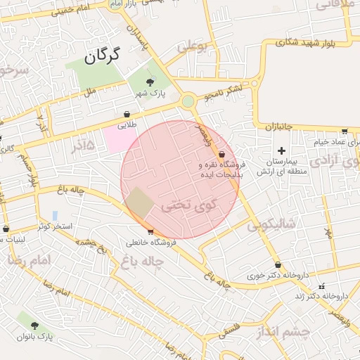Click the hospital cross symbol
(x=282, y=150)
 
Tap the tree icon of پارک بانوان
(x=34, y=326)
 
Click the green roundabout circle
(x=188, y=101)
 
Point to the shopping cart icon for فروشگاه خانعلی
(x=150, y=232)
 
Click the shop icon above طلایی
(x=127, y=114)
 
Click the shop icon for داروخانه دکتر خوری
(x=278, y=265)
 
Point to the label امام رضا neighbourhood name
(x=30, y=260)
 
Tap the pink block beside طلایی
(x=120, y=139)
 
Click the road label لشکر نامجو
(x=224, y=90)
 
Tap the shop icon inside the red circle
(x=222, y=154)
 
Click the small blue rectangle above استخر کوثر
(x=55, y=215)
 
